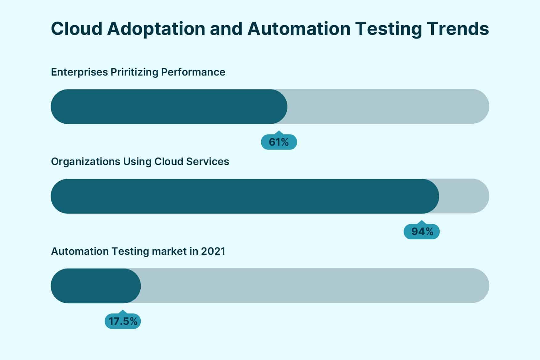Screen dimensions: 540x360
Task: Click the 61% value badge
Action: (x=279, y=142)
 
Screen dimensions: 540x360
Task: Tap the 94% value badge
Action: (x=422, y=232)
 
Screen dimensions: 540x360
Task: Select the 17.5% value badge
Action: (x=123, y=321)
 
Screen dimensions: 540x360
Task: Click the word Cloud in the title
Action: (x=76, y=29)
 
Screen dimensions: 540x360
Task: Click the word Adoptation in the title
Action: (x=156, y=29)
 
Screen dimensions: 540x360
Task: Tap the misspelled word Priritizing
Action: (x=134, y=72)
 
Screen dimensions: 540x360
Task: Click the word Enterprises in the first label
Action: (x=79, y=72)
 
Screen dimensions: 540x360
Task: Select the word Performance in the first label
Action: (x=193, y=72)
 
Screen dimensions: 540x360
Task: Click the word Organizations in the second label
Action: (x=85, y=162)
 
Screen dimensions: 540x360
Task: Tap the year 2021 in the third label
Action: (x=213, y=251)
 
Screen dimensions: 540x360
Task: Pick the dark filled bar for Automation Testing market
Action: (x=96, y=286)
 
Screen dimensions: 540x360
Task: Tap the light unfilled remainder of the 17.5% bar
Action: (x=315, y=286)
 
